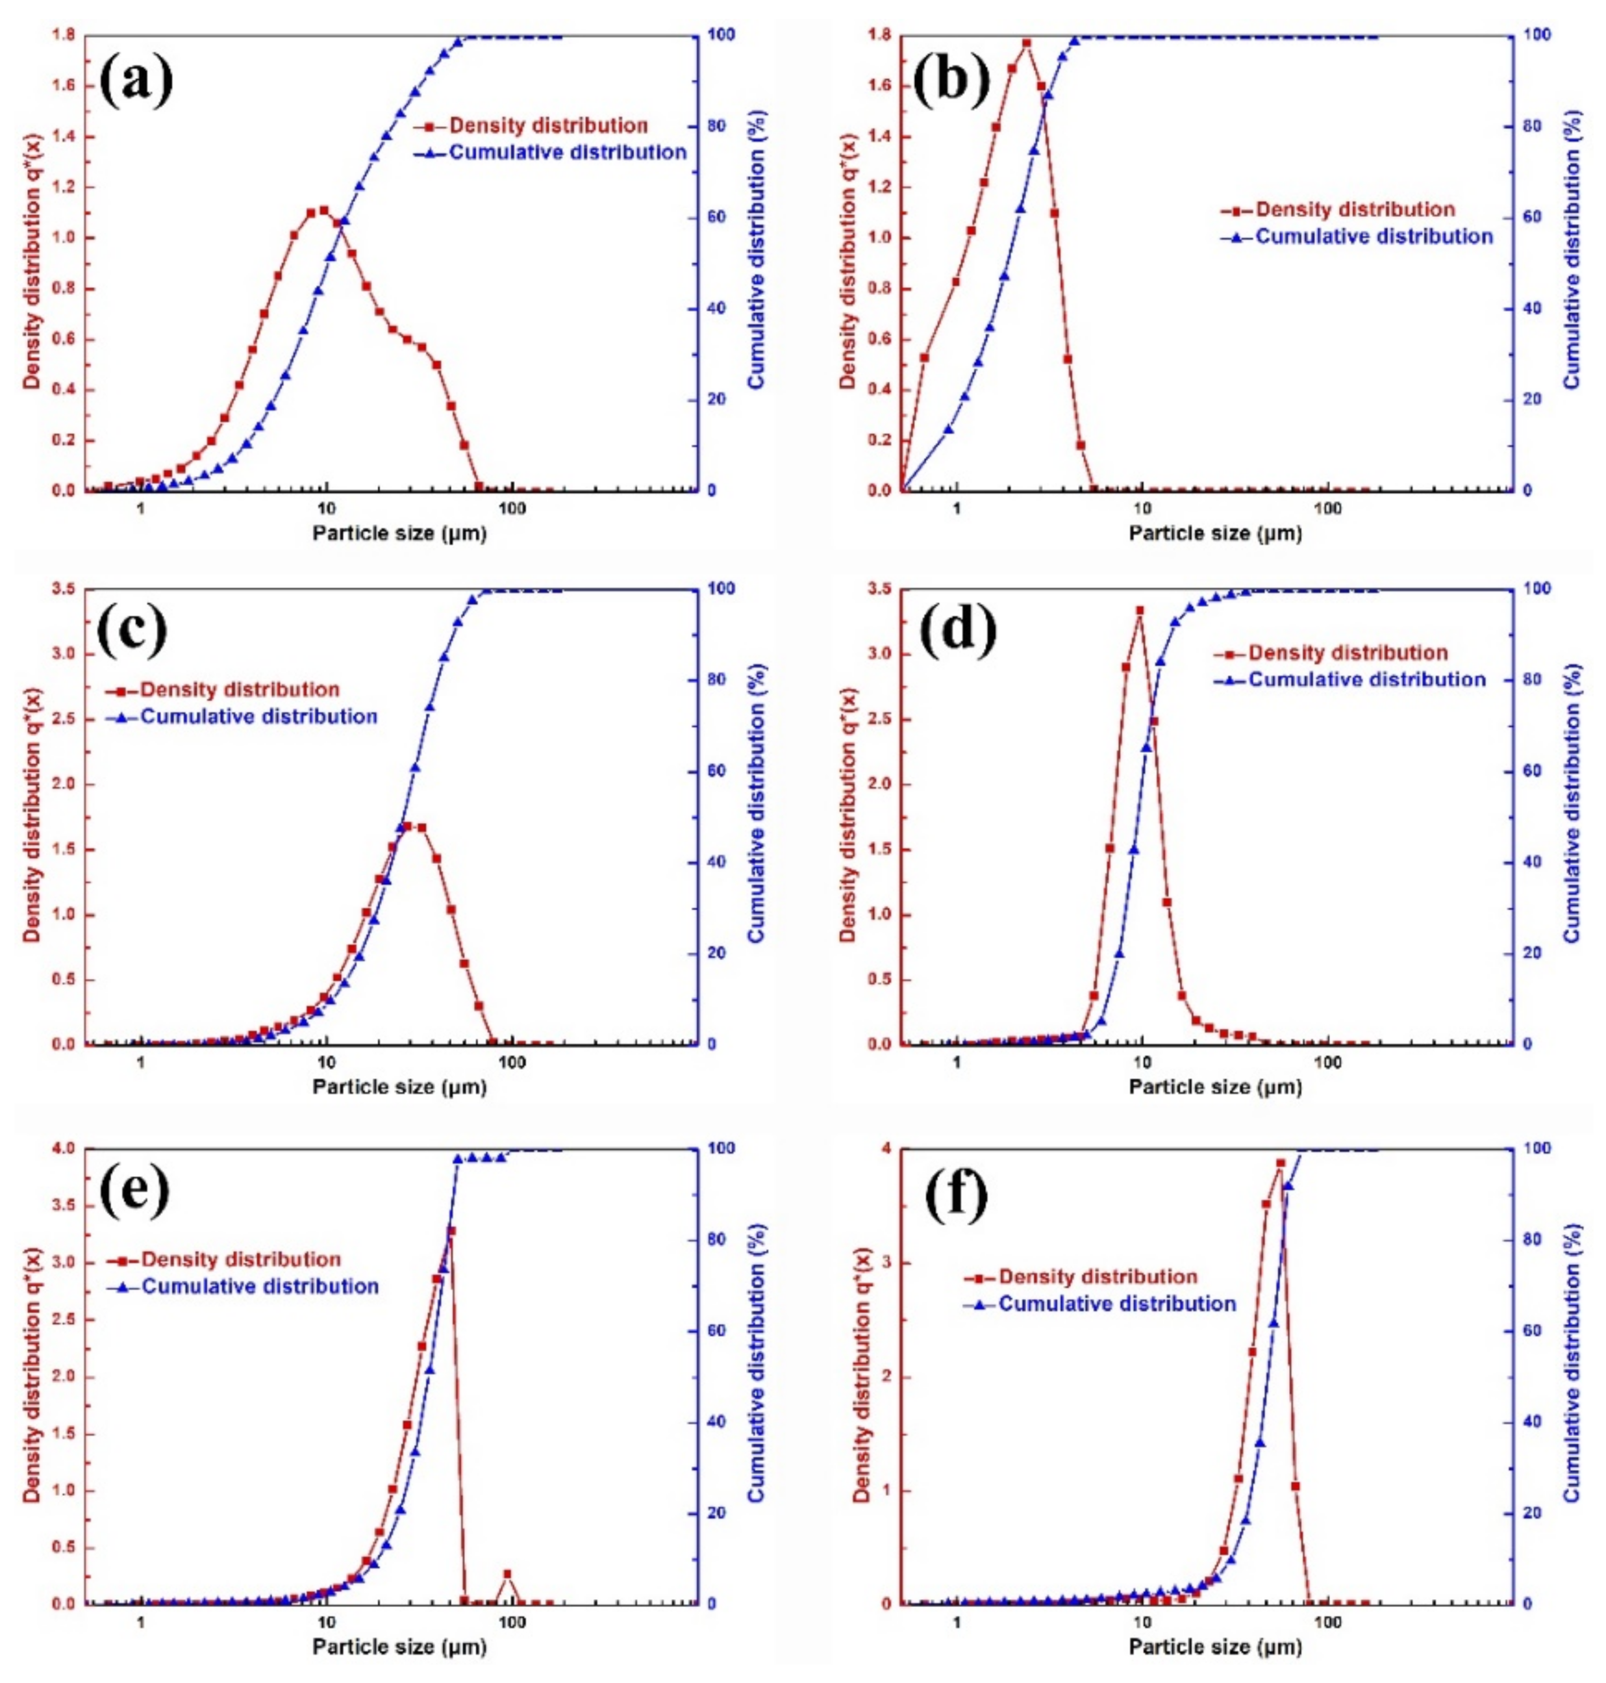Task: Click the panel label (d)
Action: pos(959,631)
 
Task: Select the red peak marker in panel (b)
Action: pos(1027,42)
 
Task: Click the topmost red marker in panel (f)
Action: pos(1280,1187)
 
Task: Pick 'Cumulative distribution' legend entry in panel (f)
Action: pos(1116,1304)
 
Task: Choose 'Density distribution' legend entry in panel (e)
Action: pos(240,1259)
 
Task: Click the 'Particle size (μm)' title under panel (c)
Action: pos(399,1088)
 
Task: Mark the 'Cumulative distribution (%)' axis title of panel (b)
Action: pos(1572,248)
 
